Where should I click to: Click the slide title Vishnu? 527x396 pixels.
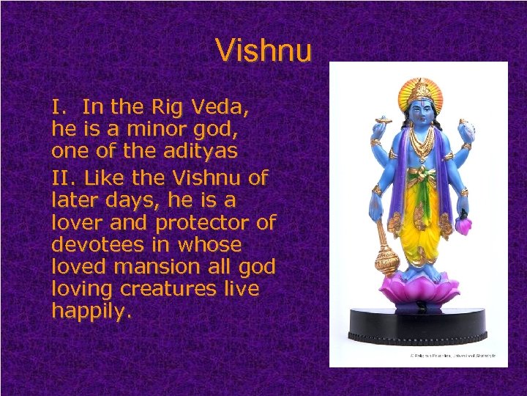coord(263,50)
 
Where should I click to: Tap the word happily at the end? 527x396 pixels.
coord(91,312)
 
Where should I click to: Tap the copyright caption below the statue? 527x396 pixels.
coord(452,356)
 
